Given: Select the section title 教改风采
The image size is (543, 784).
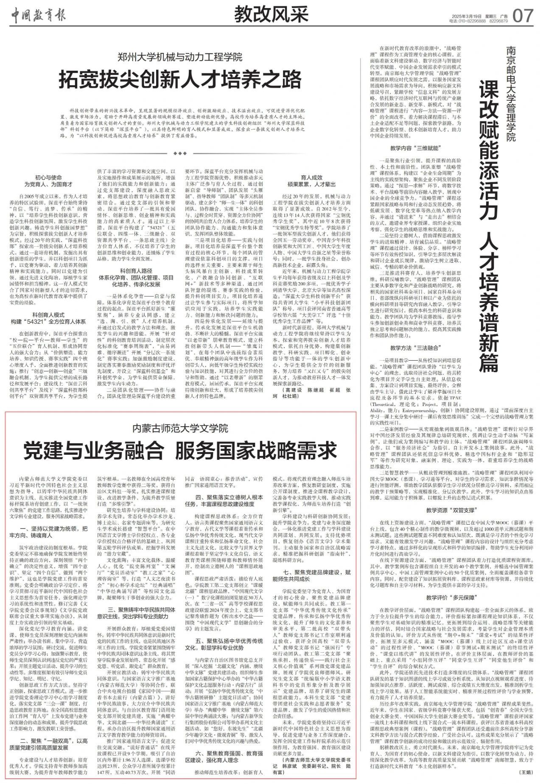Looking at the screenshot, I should (x=271, y=16).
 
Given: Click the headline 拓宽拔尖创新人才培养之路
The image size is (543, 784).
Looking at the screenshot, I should (x=180, y=79).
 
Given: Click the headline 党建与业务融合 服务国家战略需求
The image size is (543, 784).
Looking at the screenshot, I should (x=180, y=451).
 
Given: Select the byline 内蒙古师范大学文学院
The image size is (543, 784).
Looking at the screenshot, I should (x=180, y=427).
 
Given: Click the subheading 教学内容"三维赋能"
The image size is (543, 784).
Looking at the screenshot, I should (x=416, y=148).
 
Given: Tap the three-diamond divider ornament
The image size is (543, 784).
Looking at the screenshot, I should (x=180, y=153).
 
